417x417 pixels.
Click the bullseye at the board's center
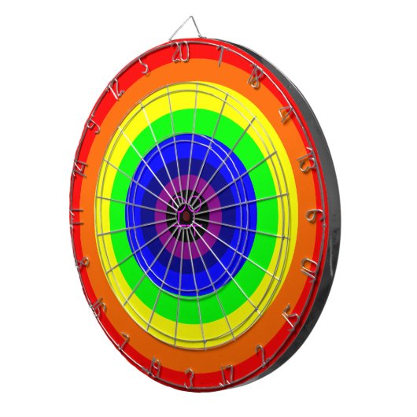[x=186, y=214]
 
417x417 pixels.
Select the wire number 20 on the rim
[x=182, y=53]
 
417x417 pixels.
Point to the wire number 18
[x=254, y=77]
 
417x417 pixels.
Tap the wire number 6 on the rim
[x=313, y=214]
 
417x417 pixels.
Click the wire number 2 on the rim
[x=260, y=352]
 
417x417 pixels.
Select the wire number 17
[x=227, y=373]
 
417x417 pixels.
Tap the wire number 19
[x=156, y=366]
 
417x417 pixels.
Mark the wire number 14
[x=79, y=167]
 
